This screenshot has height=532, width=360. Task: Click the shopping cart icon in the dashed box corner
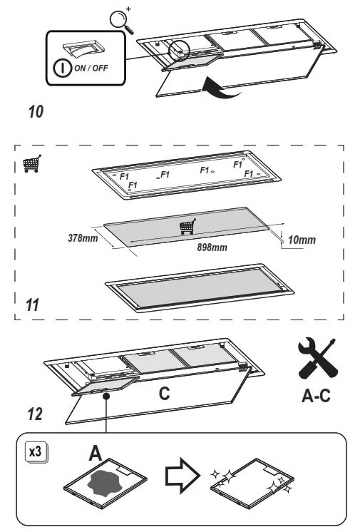coord(31,164)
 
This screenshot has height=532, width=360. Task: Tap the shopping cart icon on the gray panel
coord(187,227)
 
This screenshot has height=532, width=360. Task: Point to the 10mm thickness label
coord(302,240)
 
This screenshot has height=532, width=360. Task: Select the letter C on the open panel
coord(163,393)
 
